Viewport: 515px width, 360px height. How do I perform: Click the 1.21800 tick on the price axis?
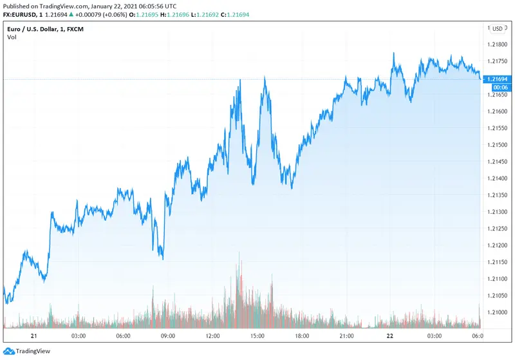(x=498, y=45)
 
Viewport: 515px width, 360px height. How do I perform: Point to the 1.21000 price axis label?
(x=498, y=312)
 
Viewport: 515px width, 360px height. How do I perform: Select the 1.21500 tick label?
(x=498, y=145)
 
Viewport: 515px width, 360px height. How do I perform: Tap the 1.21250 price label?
(x=498, y=229)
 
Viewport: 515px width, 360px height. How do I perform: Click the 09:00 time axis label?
(x=168, y=336)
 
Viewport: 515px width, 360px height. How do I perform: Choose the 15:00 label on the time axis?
(x=257, y=336)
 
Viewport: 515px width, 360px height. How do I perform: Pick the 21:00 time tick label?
(x=348, y=336)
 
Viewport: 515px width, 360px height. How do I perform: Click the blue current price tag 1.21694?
(x=498, y=79)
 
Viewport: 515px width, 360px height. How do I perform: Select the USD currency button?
(x=498, y=28)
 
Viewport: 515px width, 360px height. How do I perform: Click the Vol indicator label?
(x=12, y=37)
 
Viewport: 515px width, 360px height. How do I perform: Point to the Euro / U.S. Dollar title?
(x=38, y=28)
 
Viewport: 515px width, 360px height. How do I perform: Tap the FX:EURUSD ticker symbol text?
(x=21, y=15)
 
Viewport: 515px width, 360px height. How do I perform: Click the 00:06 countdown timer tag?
(x=498, y=86)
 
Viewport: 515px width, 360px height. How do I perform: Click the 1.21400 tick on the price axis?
(x=498, y=178)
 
